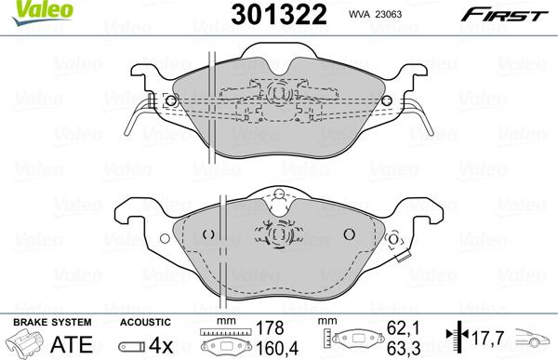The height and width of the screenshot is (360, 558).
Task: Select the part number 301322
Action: [x=263, y=15]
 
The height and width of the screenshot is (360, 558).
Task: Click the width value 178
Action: [x=269, y=327]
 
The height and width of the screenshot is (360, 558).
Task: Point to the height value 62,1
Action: [x=399, y=327]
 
